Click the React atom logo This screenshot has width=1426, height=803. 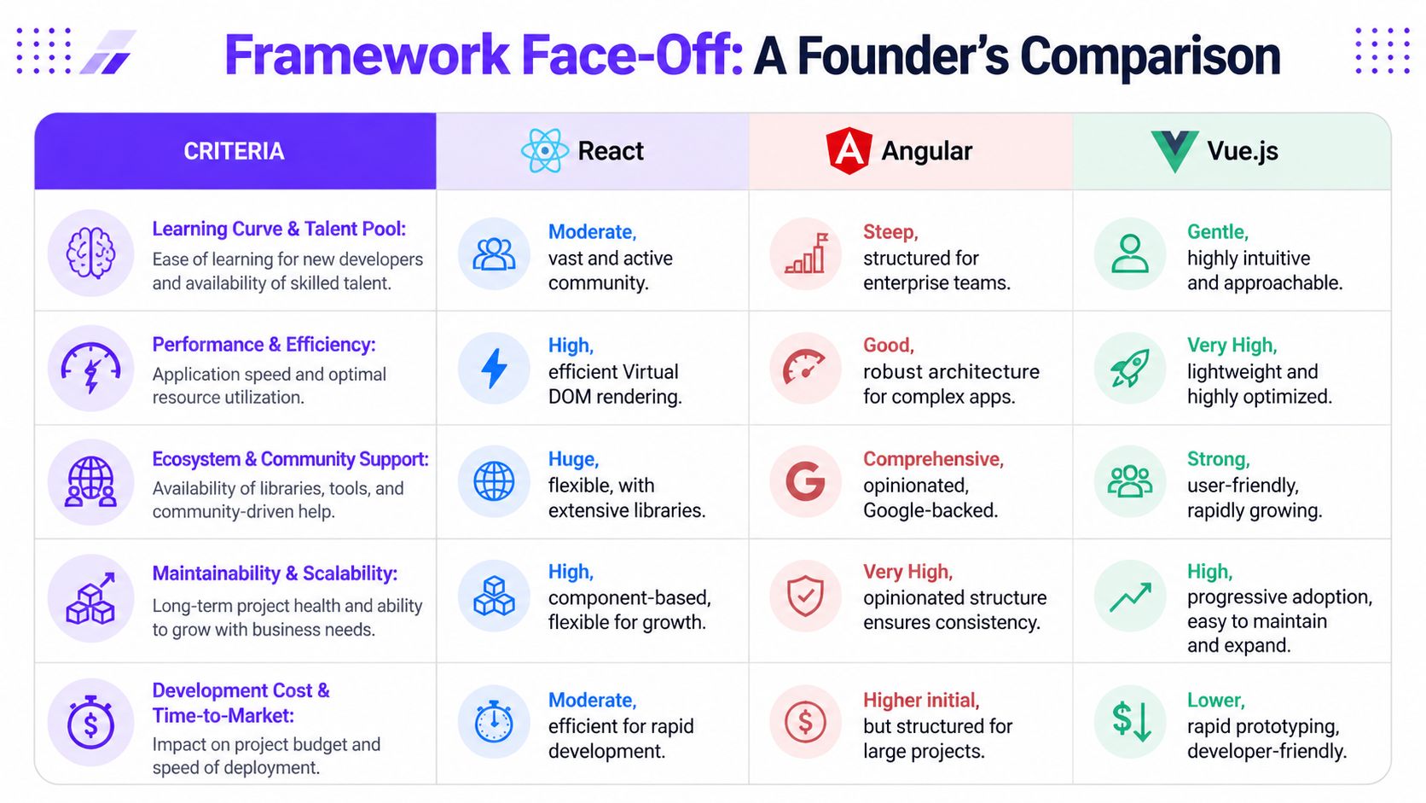[544, 151]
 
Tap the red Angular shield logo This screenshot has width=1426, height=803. [849, 151]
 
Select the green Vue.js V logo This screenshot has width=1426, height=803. [1174, 151]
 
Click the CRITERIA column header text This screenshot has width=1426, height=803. [234, 151]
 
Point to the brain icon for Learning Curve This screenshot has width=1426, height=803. [90, 253]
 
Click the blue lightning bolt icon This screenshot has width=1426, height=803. [494, 369]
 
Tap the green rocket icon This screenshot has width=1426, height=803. [1130, 369]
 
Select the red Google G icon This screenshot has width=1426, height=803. [805, 481]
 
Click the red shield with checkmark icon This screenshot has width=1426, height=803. [805, 596]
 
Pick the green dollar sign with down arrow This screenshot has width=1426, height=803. [1131, 721]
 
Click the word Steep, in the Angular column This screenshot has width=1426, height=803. [890, 232]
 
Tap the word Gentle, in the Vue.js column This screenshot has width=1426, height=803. [1217, 232]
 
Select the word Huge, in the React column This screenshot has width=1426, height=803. [573, 459]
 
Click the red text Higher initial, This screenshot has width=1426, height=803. [920, 701]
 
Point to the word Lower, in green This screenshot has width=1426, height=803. [1215, 701]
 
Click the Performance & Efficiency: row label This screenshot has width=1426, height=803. [264, 345]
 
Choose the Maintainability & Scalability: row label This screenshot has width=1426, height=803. [275, 573]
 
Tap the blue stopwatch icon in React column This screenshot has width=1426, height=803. [494, 722]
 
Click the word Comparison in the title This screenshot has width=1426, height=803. [1150, 55]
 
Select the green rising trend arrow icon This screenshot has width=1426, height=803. [1130, 596]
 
